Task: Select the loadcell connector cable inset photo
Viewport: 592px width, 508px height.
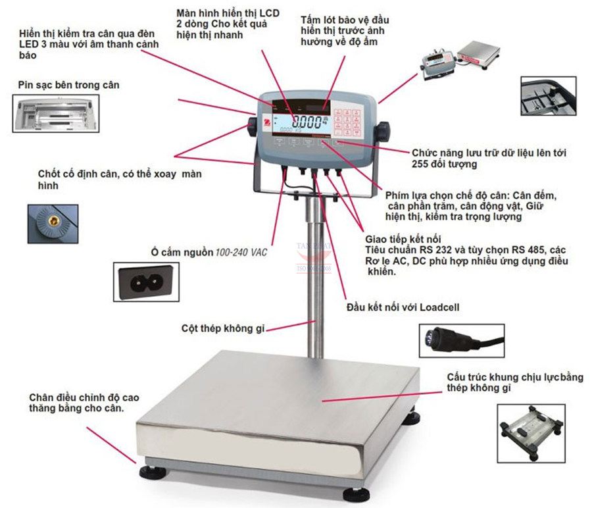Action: [x=461, y=341]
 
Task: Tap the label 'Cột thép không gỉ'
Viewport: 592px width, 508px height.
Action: [x=223, y=328]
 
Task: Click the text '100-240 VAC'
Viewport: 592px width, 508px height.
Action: [x=241, y=252]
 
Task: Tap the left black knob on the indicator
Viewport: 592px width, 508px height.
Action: [x=253, y=125]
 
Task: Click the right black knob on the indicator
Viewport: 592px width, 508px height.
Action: [x=383, y=126]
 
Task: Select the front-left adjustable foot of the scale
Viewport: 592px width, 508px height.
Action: [x=148, y=472]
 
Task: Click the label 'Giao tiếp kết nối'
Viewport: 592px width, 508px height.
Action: [x=402, y=238]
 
